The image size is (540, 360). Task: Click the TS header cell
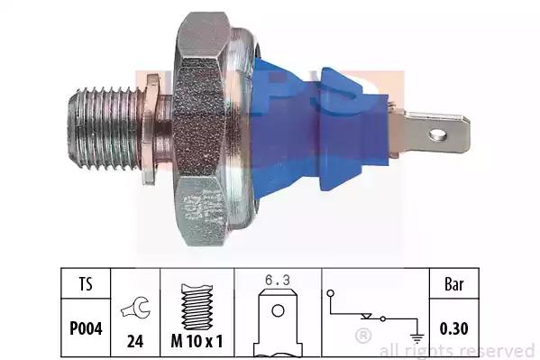[86, 284]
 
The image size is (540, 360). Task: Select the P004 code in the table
[86, 328]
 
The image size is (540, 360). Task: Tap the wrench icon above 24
[135, 308]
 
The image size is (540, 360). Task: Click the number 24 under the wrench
[135, 341]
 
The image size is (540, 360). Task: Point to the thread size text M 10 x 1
[197, 341]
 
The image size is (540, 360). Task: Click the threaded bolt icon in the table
[197, 307]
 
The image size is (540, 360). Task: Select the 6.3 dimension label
[278, 280]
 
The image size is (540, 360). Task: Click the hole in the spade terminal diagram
[278, 310]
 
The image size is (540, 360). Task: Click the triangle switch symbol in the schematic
[366, 316]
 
